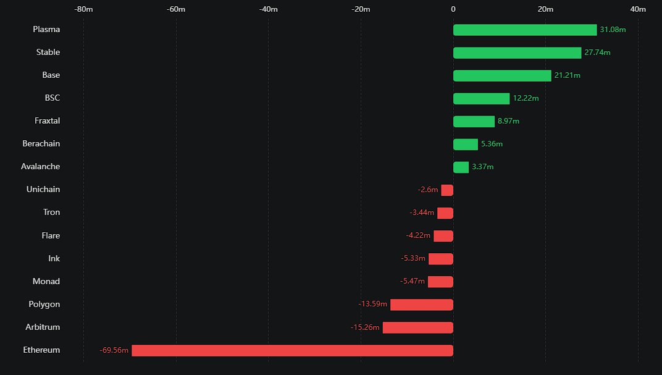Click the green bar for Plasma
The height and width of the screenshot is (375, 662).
[x=525, y=30]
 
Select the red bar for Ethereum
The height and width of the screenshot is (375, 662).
[x=292, y=350]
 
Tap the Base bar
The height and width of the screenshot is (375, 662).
[x=502, y=75]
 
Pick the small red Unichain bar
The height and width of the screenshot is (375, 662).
[x=447, y=190]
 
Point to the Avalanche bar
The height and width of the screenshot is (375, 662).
[x=461, y=167]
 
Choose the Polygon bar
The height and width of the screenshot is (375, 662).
[x=422, y=305]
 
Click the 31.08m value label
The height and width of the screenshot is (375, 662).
[x=613, y=30]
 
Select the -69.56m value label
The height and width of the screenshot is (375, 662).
[x=114, y=350]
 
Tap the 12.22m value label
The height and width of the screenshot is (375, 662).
[x=526, y=98]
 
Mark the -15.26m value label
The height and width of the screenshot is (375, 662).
[x=365, y=327]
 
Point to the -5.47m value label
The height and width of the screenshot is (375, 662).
[x=413, y=282]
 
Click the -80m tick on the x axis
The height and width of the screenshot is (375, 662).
[x=83, y=9]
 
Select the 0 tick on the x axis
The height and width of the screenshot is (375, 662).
[x=453, y=9]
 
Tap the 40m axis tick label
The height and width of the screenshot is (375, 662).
[x=638, y=9]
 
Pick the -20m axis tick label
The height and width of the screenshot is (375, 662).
[x=361, y=9]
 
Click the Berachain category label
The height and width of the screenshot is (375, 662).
[x=41, y=144]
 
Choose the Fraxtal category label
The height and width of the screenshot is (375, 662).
[x=47, y=121]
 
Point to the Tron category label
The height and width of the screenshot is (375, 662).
[x=51, y=213]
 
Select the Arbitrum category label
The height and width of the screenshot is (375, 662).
[x=43, y=327]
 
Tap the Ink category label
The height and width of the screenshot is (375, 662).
[x=54, y=259]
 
